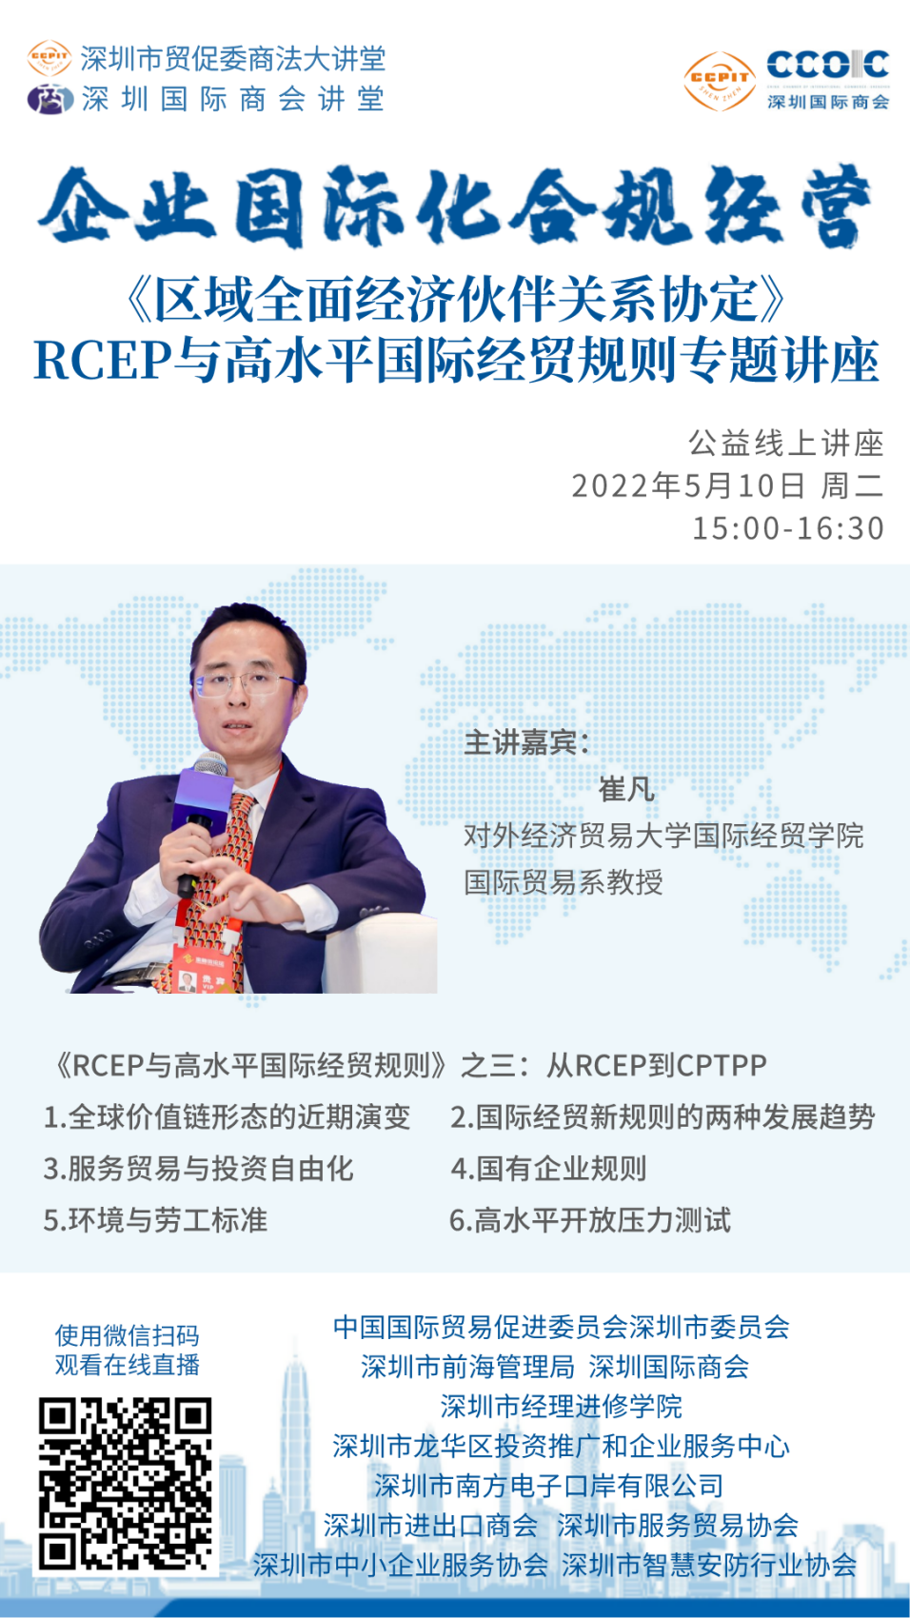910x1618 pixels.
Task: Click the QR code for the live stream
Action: pyautogui.click(x=125, y=1484)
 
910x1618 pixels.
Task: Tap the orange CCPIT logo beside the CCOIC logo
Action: pyautogui.click(x=720, y=81)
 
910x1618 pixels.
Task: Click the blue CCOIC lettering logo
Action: pyautogui.click(x=828, y=65)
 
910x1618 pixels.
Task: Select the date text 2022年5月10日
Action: pyautogui.click(x=688, y=485)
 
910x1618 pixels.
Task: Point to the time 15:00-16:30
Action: pyautogui.click(x=788, y=528)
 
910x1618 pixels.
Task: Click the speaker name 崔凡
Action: pyautogui.click(x=626, y=789)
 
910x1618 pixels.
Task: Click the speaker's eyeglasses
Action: pyautogui.click(x=246, y=682)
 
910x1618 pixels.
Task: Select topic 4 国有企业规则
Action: pyautogui.click(x=548, y=1168)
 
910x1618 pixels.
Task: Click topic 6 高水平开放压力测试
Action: pyautogui.click(x=590, y=1220)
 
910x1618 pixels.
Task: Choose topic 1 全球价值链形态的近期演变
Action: pyautogui.click(x=227, y=1116)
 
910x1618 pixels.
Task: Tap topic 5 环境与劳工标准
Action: pyautogui.click(x=155, y=1220)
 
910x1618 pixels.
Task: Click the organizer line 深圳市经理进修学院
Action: pyautogui.click(x=562, y=1406)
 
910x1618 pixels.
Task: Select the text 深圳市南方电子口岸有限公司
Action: pyautogui.click(x=548, y=1485)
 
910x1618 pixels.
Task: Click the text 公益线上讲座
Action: pyautogui.click(x=785, y=443)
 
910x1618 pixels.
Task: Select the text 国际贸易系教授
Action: pyautogui.click(x=564, y=881)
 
